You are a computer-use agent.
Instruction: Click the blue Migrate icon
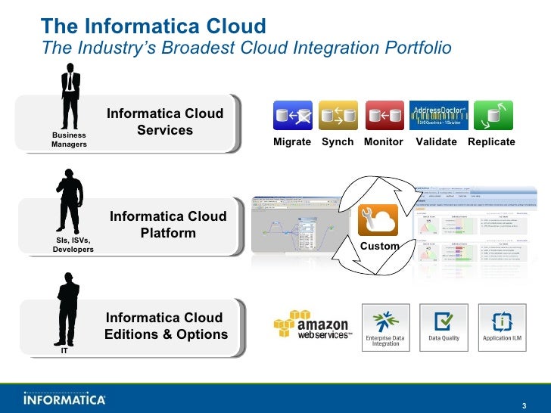(x=292, y=116)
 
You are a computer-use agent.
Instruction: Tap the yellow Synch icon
(x=338, y=116)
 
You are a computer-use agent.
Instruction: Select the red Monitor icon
(x=384, y=116)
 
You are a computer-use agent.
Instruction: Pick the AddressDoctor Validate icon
(x=438, y=116)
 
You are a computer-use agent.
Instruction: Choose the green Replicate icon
(x=493, y=116)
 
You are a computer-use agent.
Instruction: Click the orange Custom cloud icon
(x=378, y=222)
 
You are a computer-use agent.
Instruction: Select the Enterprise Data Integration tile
(x=386, y=327)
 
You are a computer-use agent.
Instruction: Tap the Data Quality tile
(x=444, y=327)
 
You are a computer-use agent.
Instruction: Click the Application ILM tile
(x=503, y=327)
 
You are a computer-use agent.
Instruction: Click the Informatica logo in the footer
(x=64, y=399)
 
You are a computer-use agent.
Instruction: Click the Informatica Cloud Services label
(x=165, y=122)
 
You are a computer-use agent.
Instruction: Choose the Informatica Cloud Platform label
(x=168, y=225)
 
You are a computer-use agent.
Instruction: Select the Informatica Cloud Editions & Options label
(x=166, y=326)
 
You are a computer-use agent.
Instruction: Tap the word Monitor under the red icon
(x=384, y=142)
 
